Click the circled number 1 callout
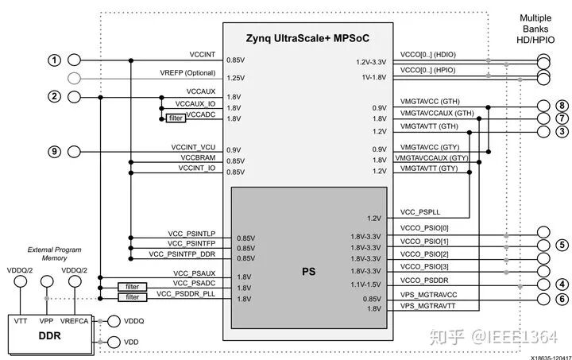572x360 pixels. [54, 60]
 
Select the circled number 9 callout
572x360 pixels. [54, 151]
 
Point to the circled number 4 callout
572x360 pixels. [562, 284]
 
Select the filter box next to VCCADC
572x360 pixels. [176, 118]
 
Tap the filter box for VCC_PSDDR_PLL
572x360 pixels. [132, 297]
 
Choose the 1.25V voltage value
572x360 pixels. [235, 79]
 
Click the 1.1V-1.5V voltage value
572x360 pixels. [366, 285]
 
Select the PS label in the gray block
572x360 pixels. [308, 271]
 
